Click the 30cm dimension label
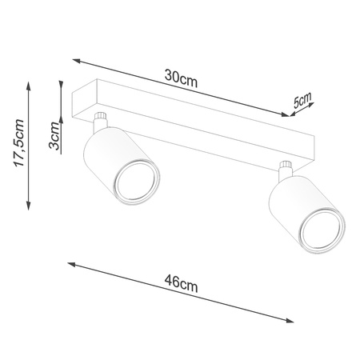[x=181, y=77]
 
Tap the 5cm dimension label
[x=302, y=100]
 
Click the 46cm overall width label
[x=181, y=283]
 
